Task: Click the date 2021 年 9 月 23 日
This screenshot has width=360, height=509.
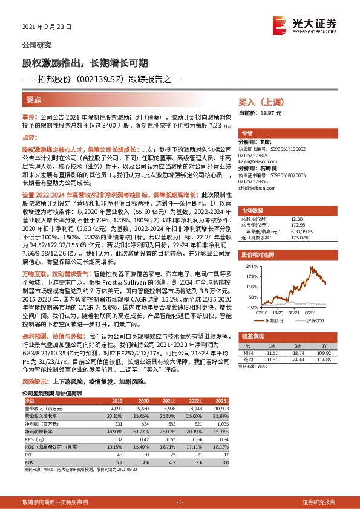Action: [x=47, y=27]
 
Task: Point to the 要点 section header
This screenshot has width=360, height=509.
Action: [x=34, y=99]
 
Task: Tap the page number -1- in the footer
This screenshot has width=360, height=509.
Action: [x=179, y=502]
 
